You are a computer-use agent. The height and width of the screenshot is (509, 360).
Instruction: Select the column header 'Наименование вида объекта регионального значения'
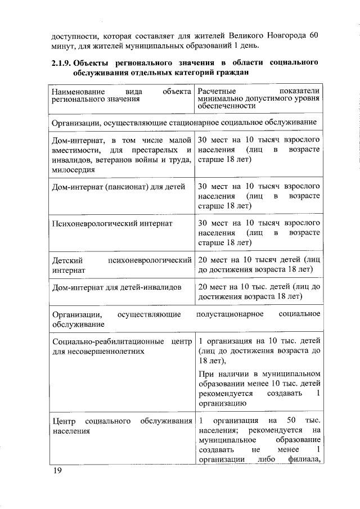pos(121,96)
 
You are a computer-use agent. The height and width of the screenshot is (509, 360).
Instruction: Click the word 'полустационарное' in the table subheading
pos(230,314)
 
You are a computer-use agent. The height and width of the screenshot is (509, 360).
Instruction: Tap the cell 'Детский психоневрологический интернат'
pos(121,265)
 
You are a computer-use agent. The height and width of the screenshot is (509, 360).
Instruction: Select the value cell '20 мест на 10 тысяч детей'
pos(259,265)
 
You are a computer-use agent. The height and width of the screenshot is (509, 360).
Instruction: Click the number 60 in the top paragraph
pos(314,35)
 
